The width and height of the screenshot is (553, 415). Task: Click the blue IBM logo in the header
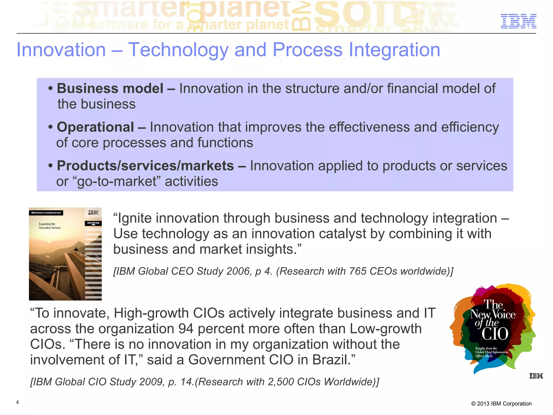coord(518,21)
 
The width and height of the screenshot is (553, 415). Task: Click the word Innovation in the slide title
coord(61,50)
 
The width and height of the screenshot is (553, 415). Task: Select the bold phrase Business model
coord(110,89)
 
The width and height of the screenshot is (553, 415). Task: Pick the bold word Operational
coord(95,127)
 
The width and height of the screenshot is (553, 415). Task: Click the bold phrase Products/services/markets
coord(145,166)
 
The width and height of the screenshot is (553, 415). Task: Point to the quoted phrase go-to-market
coord(117,181)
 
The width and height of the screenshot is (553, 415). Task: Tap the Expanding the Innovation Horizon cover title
coord(49,226)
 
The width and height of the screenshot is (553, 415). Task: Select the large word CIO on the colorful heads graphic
coord(495,334)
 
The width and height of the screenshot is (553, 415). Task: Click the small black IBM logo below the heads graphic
coord(536,376)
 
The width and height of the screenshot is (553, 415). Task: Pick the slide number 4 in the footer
coord(17,402)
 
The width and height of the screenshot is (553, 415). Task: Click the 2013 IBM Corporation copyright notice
coord(501,404)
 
